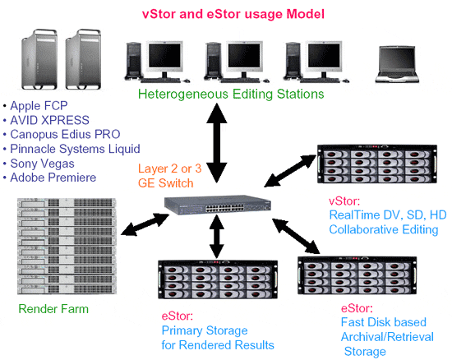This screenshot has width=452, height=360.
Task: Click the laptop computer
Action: point(397,65)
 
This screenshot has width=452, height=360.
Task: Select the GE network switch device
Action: point(218,205)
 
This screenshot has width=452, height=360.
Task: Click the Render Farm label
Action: point(53,309)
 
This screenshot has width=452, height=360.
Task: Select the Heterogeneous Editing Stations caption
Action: point(231,95)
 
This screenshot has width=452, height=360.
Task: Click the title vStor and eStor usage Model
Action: point(233,14)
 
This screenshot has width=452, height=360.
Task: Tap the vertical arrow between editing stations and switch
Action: point(217,143)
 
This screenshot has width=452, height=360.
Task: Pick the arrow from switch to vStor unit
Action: point(290,171)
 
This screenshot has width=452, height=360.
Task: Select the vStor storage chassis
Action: point(377,164)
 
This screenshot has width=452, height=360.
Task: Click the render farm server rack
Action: point(67,246)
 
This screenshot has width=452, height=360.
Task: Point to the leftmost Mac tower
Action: point(39,59)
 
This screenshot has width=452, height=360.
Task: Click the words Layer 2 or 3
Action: point(169,168)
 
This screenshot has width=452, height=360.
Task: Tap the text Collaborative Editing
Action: point(384,229)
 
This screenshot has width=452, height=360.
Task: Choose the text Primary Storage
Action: point(205,330)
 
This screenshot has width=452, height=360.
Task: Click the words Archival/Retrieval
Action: point(387,337)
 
